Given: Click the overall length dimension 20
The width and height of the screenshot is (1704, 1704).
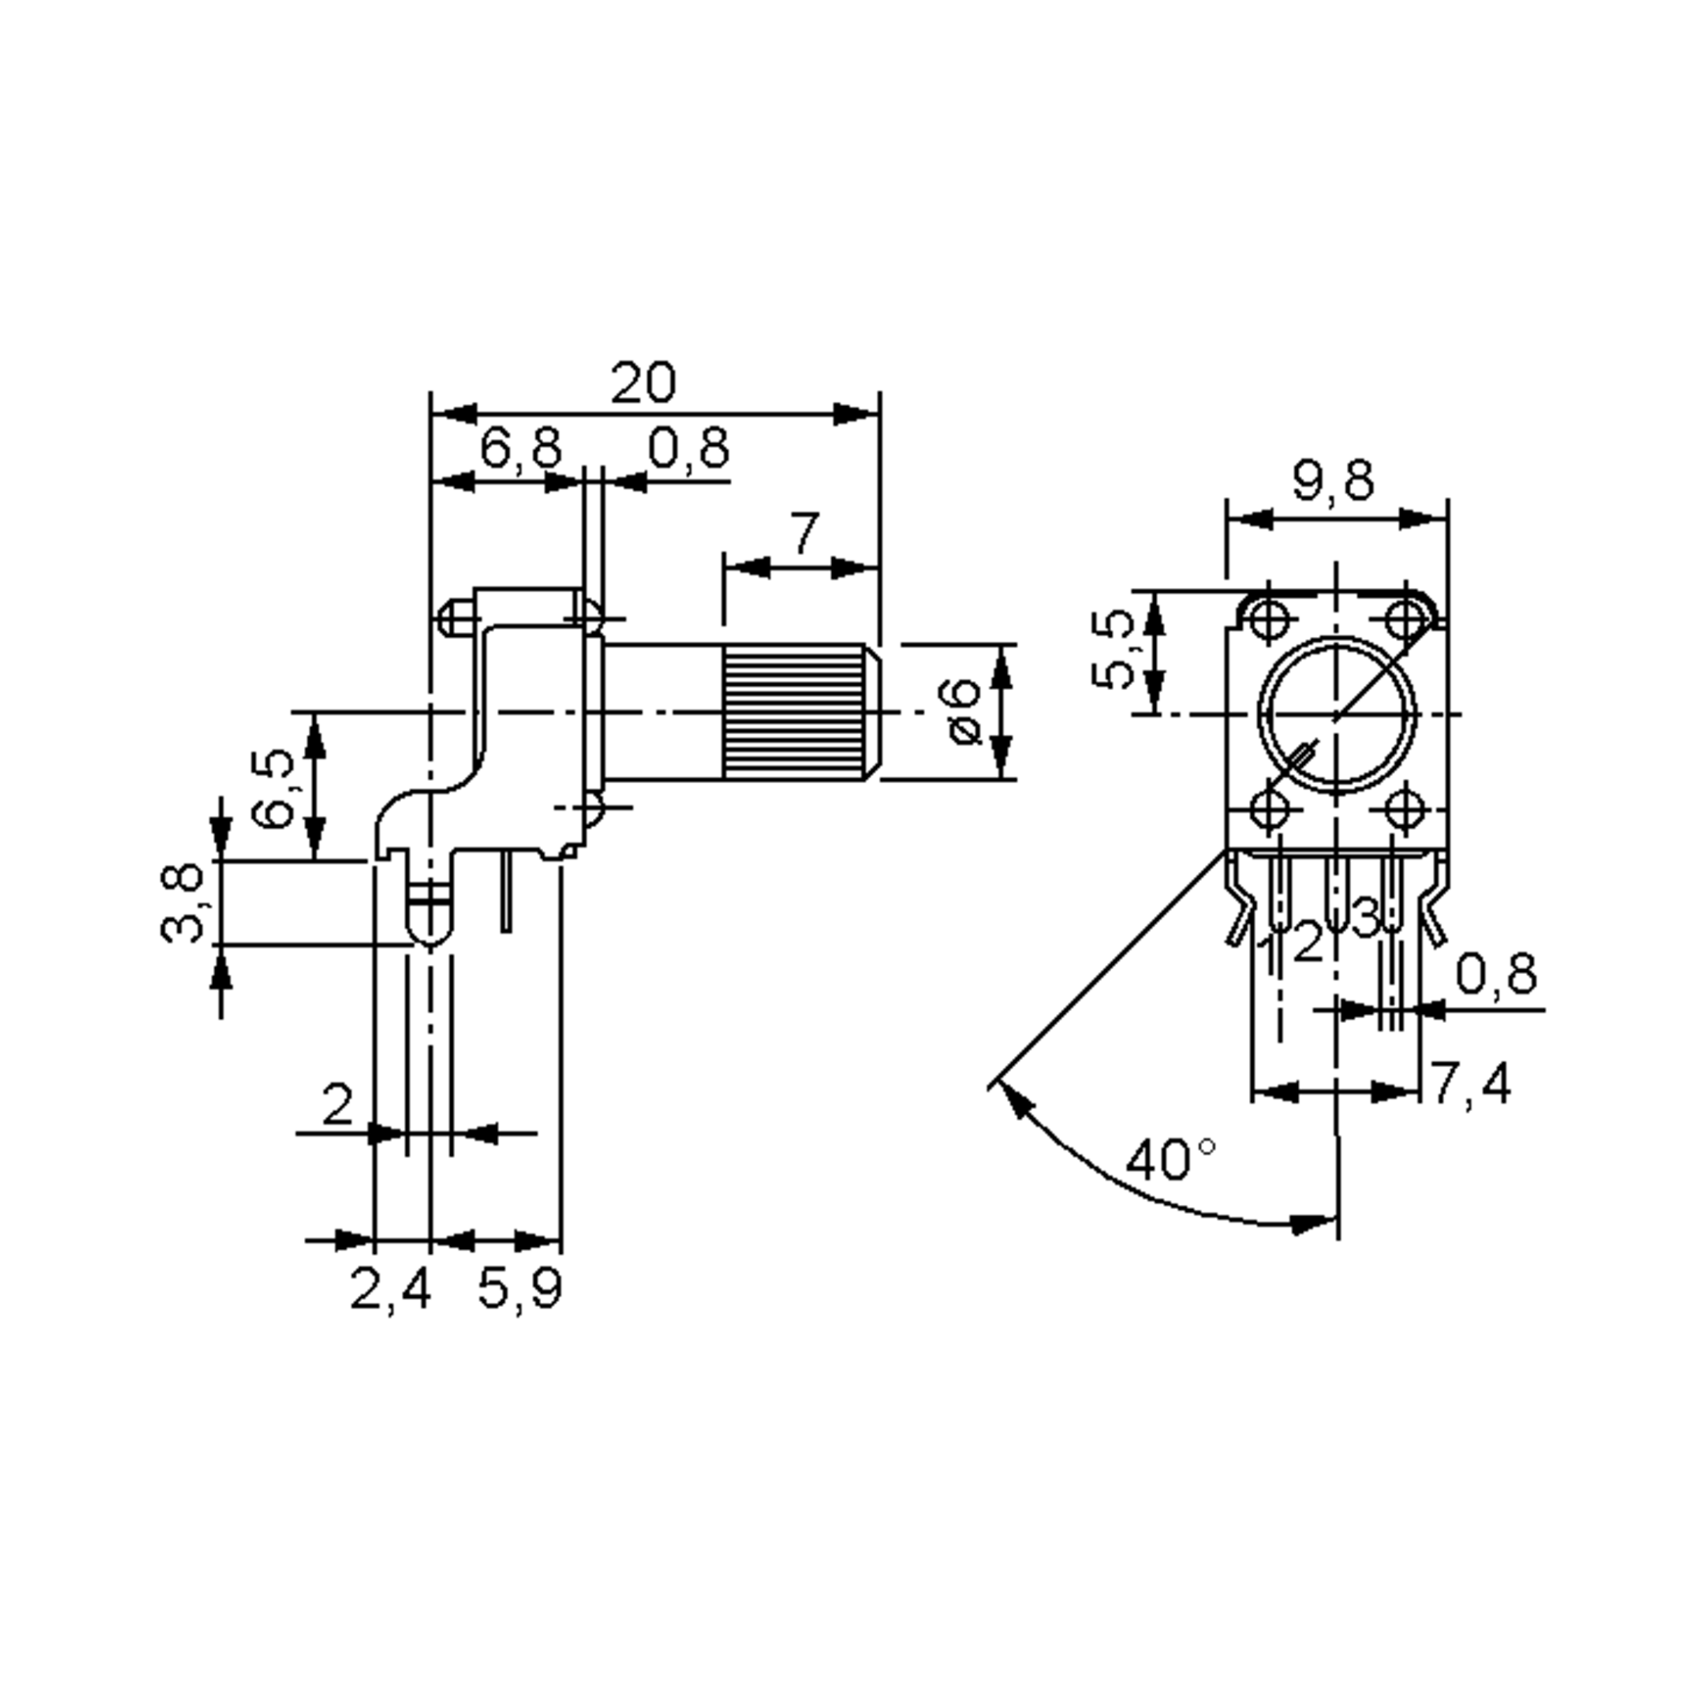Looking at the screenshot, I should [644, 383].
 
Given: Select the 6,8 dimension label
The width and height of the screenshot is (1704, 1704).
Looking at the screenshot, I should [520, 448].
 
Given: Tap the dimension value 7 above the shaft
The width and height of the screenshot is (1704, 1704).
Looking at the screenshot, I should [804, 534].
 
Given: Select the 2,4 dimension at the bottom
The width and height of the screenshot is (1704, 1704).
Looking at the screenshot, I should [390, 1289].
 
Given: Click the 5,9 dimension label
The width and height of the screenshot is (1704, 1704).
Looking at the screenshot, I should [520, 1289].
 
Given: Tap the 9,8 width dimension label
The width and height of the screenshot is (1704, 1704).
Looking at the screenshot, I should [1333, 481].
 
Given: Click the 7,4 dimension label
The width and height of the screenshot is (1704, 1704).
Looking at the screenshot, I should [1470, 1083].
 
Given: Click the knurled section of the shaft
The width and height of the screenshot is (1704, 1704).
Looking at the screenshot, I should [794, 711].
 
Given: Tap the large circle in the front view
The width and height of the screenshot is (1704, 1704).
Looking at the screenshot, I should [1337, 714].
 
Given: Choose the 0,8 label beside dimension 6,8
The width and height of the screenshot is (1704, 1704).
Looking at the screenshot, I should [689, 448].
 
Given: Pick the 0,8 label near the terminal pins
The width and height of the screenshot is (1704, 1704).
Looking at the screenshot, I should [1496, 975].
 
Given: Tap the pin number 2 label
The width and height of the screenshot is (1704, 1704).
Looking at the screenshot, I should [1308, 942].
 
